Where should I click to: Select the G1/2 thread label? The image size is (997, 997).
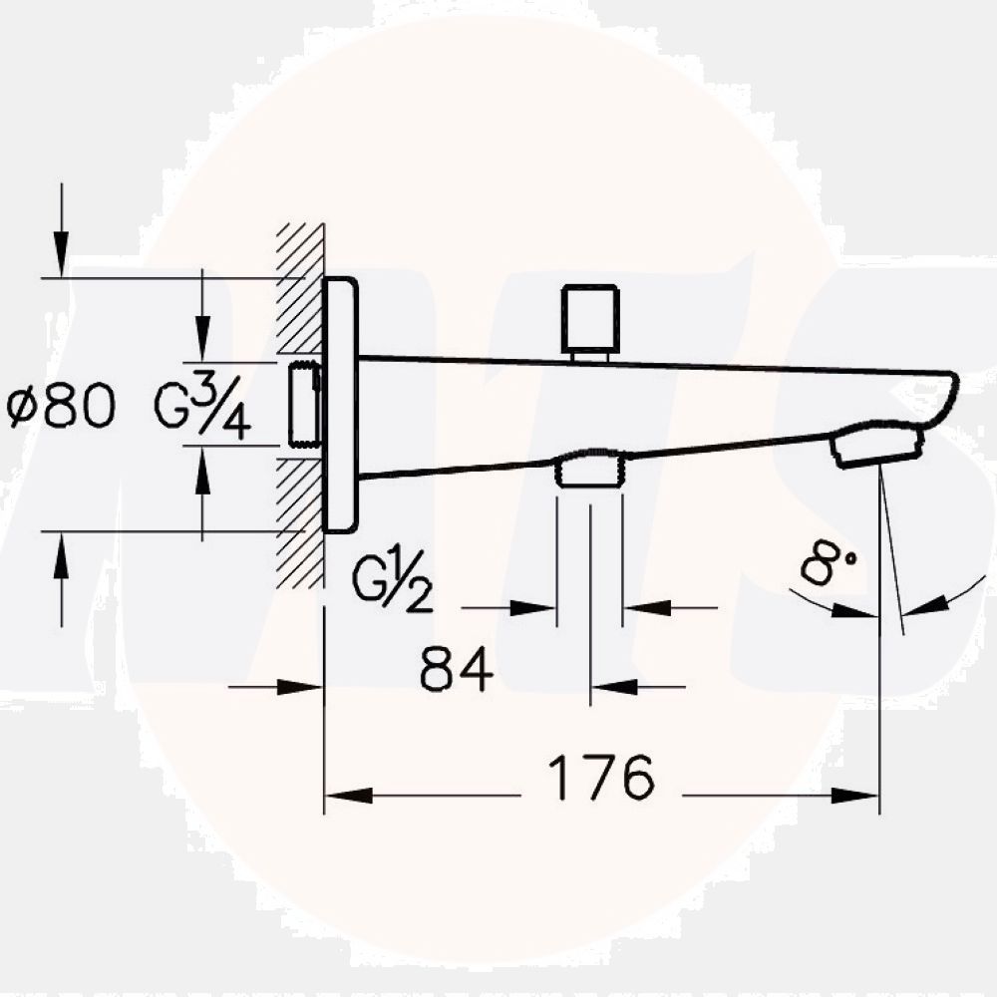(x=393, y=583)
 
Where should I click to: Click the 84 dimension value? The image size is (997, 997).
(x=457, y=669)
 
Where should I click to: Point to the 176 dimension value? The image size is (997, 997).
(x=602, y=778)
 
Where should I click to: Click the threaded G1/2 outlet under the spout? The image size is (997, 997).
(x=589, y=470)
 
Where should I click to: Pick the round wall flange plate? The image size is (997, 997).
(x=340, y=405)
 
